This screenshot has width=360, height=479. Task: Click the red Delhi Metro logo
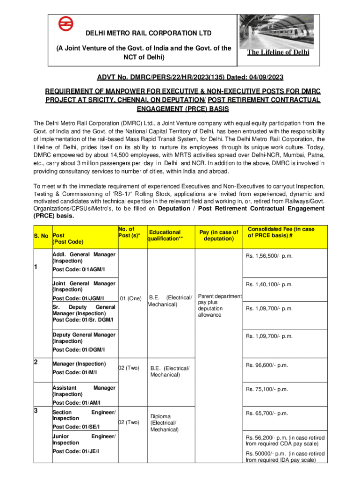coord(66,24)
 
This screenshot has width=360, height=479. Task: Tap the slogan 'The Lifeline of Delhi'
coord(278,53)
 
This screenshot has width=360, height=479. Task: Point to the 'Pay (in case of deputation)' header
coord(218,235)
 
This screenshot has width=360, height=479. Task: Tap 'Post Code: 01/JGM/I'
coord(78,298)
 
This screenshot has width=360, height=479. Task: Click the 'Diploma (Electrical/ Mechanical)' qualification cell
coord(163,423)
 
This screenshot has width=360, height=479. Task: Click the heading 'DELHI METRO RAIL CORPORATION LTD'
coord(141,33)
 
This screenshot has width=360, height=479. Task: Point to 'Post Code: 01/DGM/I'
coord(79,349)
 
